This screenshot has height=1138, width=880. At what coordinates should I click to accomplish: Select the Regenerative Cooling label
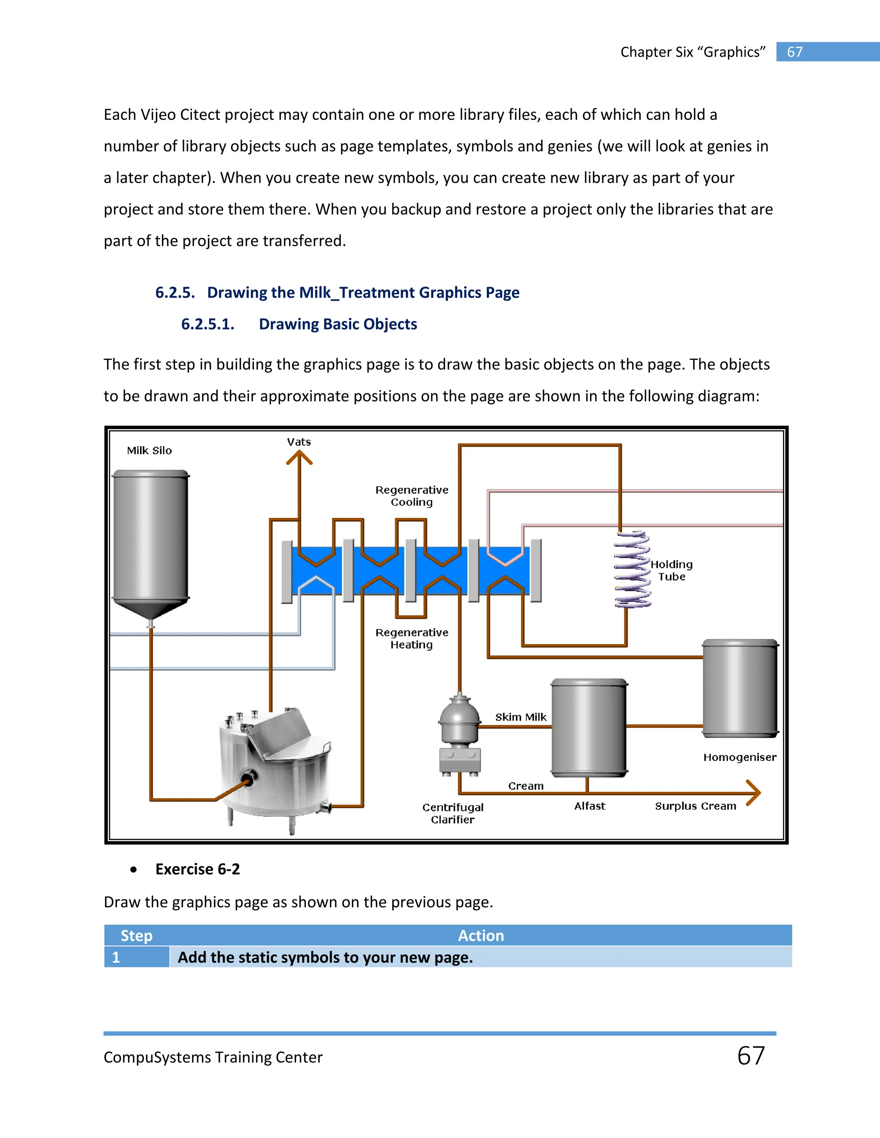pos(412,496)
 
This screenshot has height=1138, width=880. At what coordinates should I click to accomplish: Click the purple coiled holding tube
pos(632,569)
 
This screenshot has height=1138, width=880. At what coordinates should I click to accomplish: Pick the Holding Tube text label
pos(672,571)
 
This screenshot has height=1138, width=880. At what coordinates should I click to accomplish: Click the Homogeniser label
pos(739,757)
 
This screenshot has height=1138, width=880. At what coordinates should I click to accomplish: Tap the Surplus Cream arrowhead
pos(754,793)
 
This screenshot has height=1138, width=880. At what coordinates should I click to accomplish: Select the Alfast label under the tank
pos(590,806)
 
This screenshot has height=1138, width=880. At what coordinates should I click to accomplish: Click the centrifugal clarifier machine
pos(459,735)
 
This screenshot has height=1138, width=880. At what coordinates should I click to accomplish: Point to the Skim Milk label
pos(520,717)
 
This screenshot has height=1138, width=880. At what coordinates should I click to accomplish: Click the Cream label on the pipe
pos(526,786)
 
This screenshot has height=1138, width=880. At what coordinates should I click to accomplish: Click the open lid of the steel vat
pos(279,732)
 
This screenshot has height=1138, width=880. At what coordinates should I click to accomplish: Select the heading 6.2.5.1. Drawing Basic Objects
pos(299,324)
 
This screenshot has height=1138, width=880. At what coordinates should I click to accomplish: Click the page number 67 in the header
pos(794,52)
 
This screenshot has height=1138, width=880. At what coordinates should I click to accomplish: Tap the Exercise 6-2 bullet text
pos(198,869)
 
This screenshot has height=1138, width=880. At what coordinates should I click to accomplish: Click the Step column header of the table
pos(137,935)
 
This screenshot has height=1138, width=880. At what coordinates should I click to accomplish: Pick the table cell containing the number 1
pos(137,957)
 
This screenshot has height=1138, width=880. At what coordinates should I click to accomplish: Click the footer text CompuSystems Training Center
pos(213,1057)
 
